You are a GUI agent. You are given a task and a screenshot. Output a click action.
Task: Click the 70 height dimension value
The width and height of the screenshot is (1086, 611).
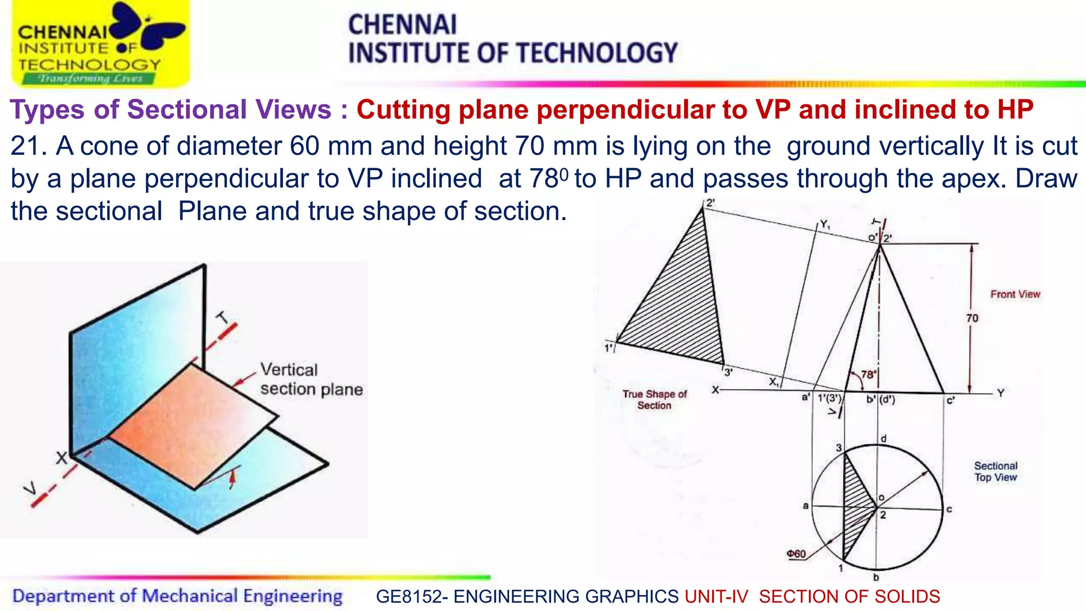point(972,318)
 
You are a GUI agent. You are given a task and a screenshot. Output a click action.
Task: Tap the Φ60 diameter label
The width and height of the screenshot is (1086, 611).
point(796,554)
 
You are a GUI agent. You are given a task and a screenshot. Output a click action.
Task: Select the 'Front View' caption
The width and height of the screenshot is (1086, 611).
point(1015,294)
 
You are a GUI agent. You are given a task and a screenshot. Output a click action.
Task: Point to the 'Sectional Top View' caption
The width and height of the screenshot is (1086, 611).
point(995,472)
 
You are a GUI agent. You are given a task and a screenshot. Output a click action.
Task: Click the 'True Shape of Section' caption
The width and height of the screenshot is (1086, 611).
point(654,400)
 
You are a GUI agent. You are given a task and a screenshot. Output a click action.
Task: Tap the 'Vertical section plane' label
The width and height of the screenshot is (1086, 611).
point(311,380)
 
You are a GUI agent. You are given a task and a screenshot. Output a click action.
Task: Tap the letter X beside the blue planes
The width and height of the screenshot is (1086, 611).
point(62,458)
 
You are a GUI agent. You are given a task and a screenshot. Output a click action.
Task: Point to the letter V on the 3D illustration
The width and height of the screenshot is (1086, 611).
point(31,488)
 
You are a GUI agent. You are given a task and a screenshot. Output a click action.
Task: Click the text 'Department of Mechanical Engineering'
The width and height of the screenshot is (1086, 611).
point(177,596)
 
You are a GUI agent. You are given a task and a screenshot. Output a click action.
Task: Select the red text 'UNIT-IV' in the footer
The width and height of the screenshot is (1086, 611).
point(716,597)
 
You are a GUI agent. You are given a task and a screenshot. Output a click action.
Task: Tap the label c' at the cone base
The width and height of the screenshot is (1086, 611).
point(950,401)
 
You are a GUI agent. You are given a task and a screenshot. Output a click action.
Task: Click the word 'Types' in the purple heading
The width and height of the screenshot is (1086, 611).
point(47,110)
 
